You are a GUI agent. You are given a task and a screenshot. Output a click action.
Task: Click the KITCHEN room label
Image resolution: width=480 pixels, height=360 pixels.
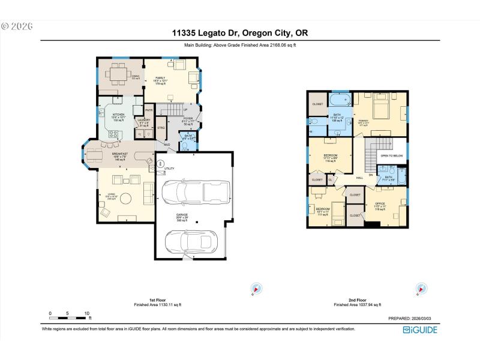coord(119,115)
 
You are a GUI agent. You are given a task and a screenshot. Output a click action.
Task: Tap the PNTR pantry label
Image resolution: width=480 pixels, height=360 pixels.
coord(148,110)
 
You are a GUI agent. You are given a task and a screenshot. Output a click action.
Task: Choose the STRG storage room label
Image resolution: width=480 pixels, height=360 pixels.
coord(161,128)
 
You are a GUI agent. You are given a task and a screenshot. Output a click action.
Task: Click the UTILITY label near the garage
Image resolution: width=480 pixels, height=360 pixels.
coord(169,169)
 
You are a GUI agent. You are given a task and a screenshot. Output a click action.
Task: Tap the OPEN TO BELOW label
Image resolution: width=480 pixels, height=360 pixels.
coord(391,155)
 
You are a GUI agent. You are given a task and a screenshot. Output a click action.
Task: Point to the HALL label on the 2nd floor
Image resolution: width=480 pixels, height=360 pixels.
coord(359,178)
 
